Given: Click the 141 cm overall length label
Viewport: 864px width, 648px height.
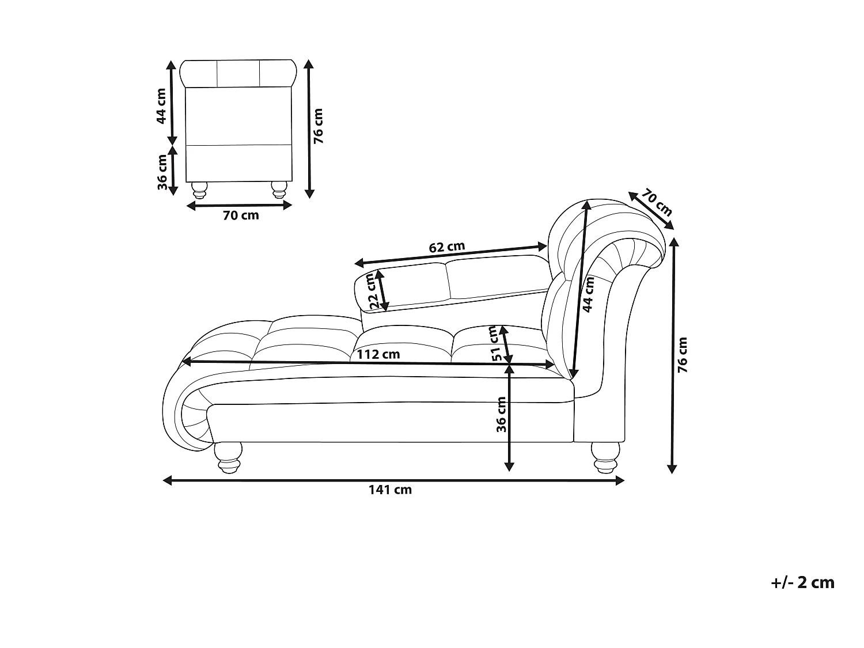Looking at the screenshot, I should [x=390, y=490].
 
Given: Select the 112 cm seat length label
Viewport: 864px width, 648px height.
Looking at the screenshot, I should [x=378, y=354].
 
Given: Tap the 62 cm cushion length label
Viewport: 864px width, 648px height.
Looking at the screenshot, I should [x=447, y=247].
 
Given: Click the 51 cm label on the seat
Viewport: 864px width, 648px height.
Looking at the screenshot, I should [x=494, y=344].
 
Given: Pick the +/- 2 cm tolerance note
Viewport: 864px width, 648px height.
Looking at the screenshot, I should [x=802, y=582].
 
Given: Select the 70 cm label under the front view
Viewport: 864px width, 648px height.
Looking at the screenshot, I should [x=241, y=216].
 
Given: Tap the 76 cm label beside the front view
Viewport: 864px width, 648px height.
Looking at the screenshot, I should [x=318, y=126].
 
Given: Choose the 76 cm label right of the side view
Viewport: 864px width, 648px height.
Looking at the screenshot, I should [x=683, y=355].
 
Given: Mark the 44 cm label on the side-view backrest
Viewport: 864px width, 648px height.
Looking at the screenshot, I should [x=589, y=294].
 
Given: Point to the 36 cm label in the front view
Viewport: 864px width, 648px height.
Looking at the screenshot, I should [x=162, y=172].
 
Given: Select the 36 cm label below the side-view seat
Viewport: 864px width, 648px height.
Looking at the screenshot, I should [x=501, y=415].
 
